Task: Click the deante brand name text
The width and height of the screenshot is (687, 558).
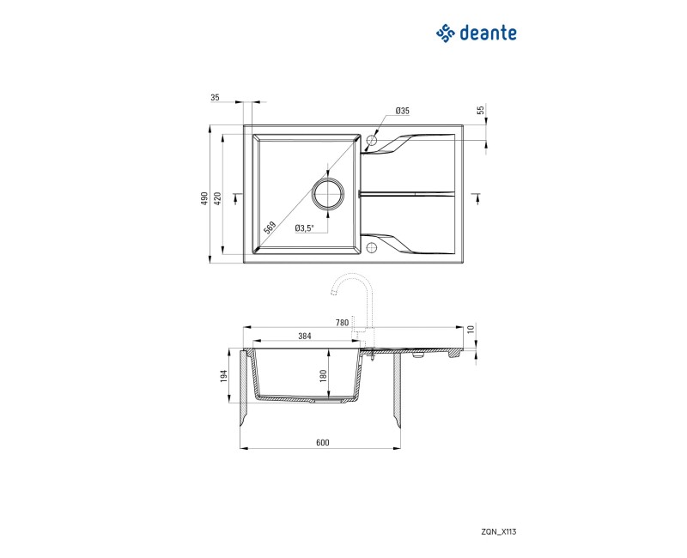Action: (x=488, y=33)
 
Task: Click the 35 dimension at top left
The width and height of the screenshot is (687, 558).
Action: (x=215, y=98)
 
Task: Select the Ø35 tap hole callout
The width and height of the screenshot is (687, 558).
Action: (x=402, y=112)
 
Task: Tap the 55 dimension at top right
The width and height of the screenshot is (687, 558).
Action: (x=481, y=110)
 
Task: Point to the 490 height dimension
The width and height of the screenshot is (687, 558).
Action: (x=204, y=197)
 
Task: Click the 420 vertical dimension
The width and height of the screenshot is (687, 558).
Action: (x=218, y=197)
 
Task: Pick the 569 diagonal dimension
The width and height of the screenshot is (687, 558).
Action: (x=270, y=227)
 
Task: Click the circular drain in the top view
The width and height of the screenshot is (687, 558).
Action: (x=328, y=194)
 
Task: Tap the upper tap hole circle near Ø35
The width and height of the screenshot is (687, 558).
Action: (x=372, y=139)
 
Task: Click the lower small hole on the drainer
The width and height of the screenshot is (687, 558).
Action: (x=372, y=249)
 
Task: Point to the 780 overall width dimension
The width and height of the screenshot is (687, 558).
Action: (x=342, y=323)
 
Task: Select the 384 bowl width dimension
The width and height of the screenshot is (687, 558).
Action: (x=304, y=337)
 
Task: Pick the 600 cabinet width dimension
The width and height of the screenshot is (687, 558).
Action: (x=322, y=443)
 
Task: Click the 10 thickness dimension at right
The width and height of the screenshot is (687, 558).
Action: (x=471, y=329)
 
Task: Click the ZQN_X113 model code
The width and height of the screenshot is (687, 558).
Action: (x=499, y=531)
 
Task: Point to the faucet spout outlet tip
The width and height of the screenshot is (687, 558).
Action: (x=331, y=294)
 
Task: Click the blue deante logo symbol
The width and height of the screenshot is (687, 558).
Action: (x=445, y=33)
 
